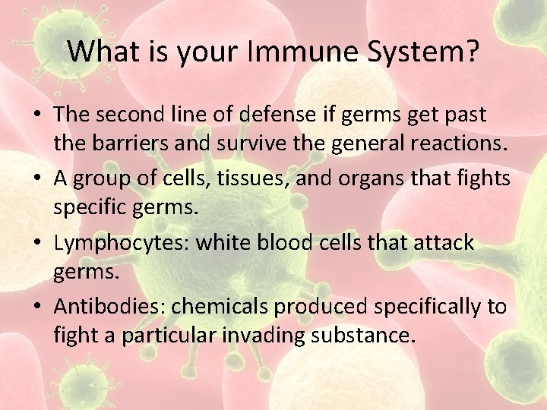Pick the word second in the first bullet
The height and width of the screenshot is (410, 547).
tap(131, 115)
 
